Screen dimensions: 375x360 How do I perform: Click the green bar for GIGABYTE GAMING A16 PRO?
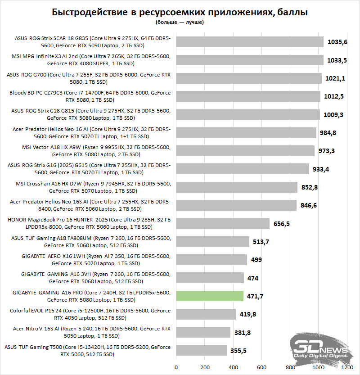point(210,296)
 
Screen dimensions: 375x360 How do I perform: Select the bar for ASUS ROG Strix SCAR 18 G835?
point(250,42)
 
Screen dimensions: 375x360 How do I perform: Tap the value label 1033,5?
point(336,60)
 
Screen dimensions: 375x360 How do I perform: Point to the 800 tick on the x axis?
point(290,367)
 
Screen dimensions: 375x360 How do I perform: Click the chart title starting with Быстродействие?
point(180,13)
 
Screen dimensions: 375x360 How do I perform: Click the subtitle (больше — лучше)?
point(180,22)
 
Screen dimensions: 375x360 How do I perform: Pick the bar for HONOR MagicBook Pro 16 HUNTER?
point(223,223)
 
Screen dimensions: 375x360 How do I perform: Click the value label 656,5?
point(283,224)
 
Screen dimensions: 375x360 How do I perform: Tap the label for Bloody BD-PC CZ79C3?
point(90,96)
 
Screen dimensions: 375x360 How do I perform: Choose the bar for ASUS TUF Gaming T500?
point(201,350)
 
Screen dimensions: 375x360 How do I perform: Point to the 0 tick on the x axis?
point(176,367)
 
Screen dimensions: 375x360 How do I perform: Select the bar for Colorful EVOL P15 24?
point(206,314)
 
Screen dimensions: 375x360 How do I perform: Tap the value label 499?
point(256,260)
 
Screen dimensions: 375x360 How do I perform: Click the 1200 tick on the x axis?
point(347,367)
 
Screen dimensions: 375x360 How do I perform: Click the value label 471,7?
point(256,296)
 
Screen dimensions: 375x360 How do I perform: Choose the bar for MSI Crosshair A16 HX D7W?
point(237,187)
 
